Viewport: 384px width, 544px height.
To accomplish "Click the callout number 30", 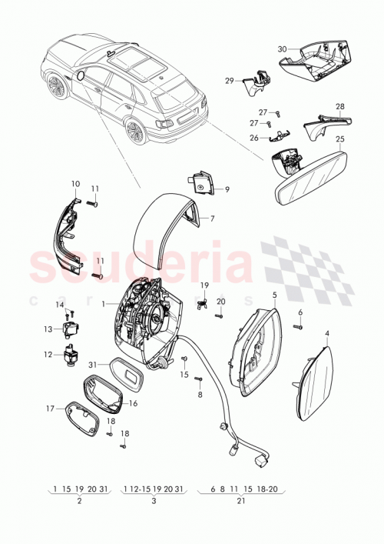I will [x=282, y=49].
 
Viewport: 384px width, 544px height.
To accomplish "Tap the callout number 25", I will [x=340, y=139].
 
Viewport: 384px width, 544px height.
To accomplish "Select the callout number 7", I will [x=212, y=219].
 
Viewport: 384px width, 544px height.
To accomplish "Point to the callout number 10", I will [x=75, y=183].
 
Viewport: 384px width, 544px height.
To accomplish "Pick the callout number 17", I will [x=50, y=409].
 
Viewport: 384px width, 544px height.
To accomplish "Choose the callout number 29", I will [x=229, y=80].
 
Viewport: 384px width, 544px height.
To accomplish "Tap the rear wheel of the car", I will [x=134, y=132].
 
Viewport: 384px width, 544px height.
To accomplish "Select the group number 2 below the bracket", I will [x=78, y=500].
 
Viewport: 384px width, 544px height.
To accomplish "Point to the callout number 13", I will [x=47, y=329].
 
